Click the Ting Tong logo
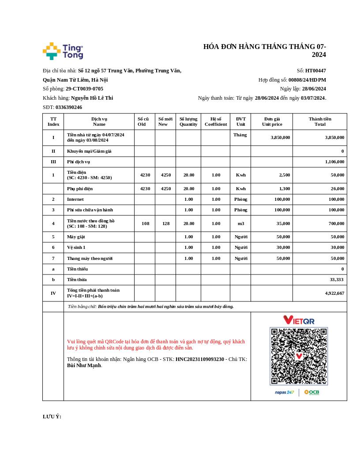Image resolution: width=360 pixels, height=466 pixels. tap(63, 51)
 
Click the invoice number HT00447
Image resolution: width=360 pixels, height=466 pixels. tap(315, 71)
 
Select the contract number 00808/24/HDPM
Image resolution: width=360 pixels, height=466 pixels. tap(307, 80)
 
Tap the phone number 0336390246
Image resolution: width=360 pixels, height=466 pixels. tap(69, 107)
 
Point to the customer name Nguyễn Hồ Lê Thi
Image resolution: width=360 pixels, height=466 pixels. tap(92, 98)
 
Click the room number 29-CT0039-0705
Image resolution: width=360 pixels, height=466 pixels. tap(84, 89)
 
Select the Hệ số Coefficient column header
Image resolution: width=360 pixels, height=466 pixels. tap(215, 121)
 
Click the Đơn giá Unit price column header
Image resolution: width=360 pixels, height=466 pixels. tap(272, 121)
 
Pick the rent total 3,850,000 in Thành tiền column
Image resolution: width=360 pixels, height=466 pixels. tap(334, 137)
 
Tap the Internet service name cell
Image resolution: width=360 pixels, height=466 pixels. tap(75, 199)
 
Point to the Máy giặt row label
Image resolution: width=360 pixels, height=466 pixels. tap(76, 237)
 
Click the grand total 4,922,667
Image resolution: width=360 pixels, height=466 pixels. tap(334, 293)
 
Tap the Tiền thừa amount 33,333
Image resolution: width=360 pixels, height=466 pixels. tap(337, 279)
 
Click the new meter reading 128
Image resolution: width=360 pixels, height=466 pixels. tap(165, 223)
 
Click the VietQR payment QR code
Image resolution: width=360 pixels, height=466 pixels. tap(299, 356)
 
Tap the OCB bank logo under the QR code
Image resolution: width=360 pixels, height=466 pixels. tap(311, 392)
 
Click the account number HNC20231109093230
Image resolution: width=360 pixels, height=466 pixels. tap(199, 359)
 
